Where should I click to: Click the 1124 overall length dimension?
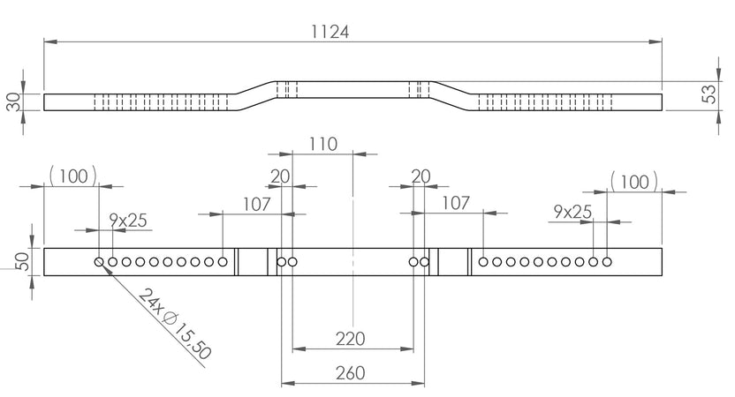pyautogui.click(x=330, y=32)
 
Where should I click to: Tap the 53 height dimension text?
pyautogui.click(x=710, y=94)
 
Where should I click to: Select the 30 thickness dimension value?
pyautogui.click(x=14, y=102)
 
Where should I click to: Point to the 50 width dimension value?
pyautogui.click(x=22, y=261)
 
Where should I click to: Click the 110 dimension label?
pyautogui.click(x=323, y=144)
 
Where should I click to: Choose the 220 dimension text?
pyautogui.click(x=350, y=339)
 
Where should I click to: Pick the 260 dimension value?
pyautogui.click(x=350, y=373)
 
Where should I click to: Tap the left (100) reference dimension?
pyautogui.click(x=73, y=176)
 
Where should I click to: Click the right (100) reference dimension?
pyautogui.click(x=634, y=182)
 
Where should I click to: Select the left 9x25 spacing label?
pyautogui.click(x=128, y=220)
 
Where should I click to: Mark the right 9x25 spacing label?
pyautogui.click(x=572, y=212)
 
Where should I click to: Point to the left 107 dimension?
pyautogui.click(x=257, y=205)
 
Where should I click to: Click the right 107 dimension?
pyautogui.click(x=456, y=203)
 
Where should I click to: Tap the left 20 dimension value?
pyautogui.click(x=280, y=176)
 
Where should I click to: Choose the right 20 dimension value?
pyautogui.click(x=421, y=176)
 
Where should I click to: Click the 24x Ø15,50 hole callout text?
pyautogui.click(x=175, y=324)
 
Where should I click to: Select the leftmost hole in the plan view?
pyautogui.click(x=99, y=262)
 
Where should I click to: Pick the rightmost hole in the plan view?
pyautogui.click(x=607, y=262)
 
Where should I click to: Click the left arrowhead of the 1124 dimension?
pyautogui.click(x=50, y=41)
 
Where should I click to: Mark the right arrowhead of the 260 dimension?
pyautogui.click(x=418, y=384)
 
